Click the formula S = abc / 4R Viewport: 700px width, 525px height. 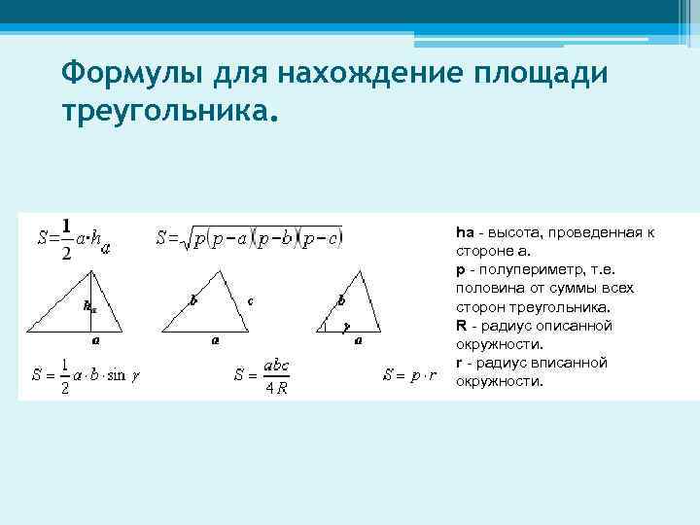[263, 374]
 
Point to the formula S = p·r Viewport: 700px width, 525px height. [409, 374]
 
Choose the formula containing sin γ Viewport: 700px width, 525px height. [86, 374]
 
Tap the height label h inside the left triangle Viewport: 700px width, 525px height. [89, 305]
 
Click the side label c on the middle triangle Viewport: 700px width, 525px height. [251, 300]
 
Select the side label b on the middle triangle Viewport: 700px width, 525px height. [194, 300]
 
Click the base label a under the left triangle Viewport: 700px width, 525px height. [95, 341]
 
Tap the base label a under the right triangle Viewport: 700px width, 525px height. [358, 341]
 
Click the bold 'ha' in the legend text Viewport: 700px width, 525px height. [464, 233]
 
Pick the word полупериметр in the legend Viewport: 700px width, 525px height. [522, 270]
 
